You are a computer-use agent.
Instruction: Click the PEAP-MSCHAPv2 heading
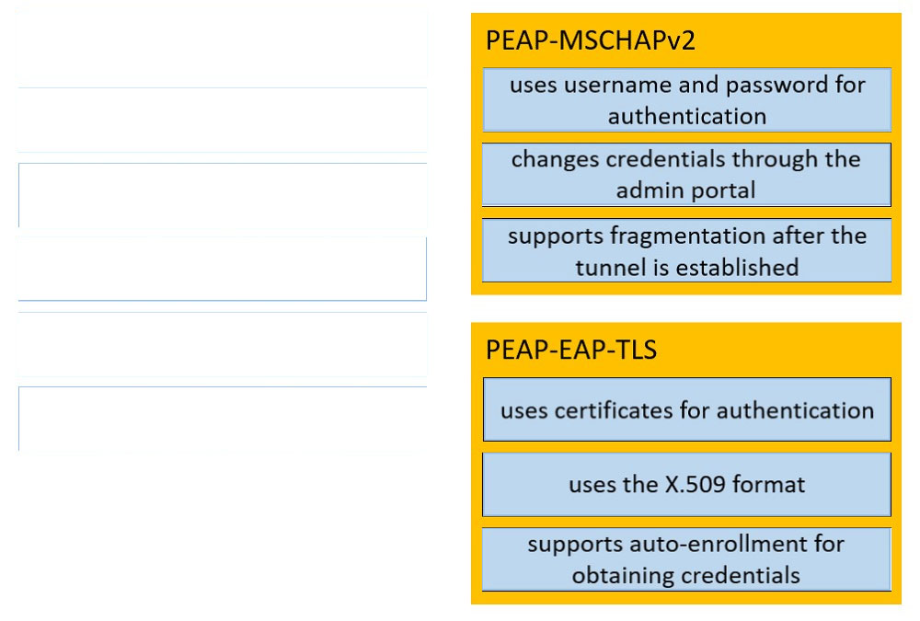pyautogui.click(x=591, y=40)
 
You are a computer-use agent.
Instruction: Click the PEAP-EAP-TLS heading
pyautogui.click(x=571, y=350)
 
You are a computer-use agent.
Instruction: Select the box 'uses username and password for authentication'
pyautogui.click(x=686, y=99)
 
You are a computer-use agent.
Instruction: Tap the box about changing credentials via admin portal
pyautogui.click(x=686, y=174)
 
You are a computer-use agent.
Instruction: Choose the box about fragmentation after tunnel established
pyautogui.click(x=686, y=250)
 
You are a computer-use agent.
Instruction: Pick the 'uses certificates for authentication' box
pyautogui.click(x=686, y=409)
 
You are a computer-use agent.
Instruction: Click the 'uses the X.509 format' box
pyautogui.click(x=686, y=484)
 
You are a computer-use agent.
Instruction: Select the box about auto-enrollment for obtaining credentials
pyautogui.click(x=686, y=559)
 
